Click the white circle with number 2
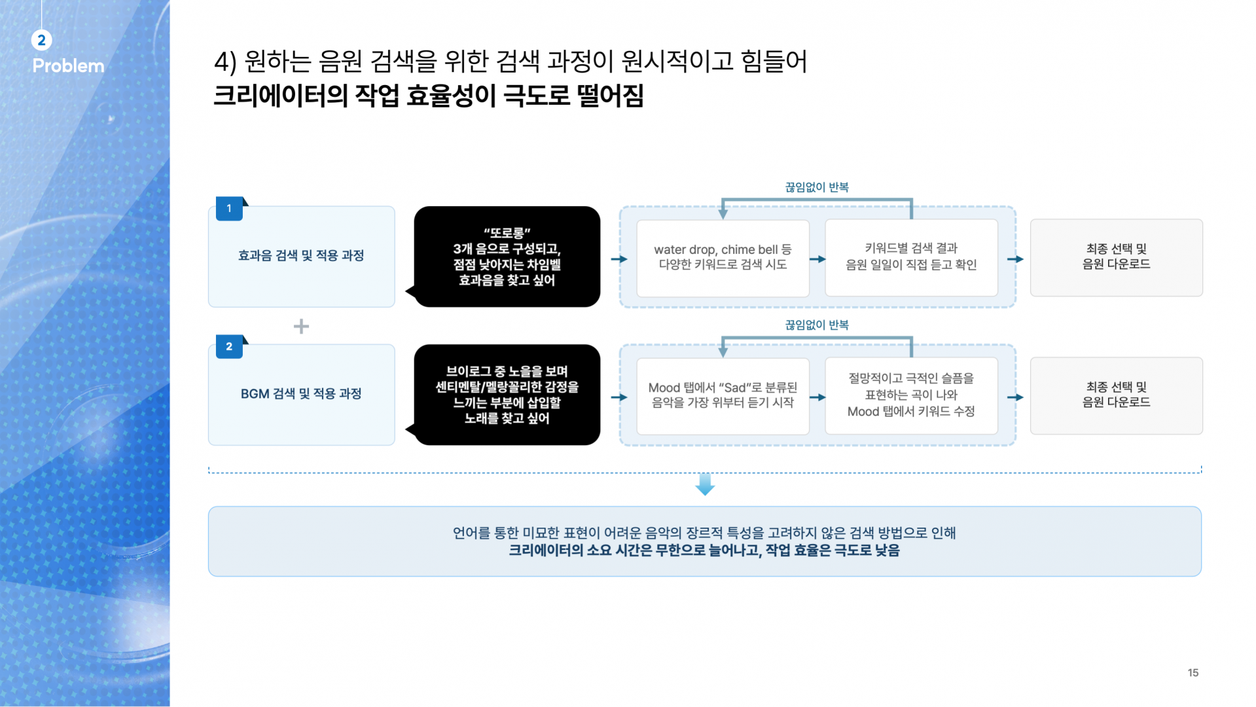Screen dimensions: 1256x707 tap(41, 40)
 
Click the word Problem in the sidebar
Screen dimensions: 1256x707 tap(68, 65)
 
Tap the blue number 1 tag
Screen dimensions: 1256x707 tap(230, 208)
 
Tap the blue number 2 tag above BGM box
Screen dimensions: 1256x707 tap(230, 346)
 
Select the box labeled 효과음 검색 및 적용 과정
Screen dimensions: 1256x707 tap(301, 257)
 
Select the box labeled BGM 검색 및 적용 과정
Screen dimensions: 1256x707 tap(301, 395)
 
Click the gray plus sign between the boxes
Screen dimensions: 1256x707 tap(301, 326)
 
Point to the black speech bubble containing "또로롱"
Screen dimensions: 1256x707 tap(507, 257)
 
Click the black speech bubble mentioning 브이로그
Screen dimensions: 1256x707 tap(507, 395)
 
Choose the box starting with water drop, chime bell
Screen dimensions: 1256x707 tap(723, 258)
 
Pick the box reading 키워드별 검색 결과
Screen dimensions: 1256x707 tap(911, 258)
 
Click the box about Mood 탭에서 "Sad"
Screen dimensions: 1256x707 tap(723, 396)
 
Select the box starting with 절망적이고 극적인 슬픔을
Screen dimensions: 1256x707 tap(911, 396)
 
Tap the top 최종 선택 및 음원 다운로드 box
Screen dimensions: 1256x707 tap(1116, 258)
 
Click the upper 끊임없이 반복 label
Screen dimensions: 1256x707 tap(817, 187)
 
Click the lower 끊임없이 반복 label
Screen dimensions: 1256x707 tap(817, 325)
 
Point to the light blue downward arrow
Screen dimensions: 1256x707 tap(705, 484)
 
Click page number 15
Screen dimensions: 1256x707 tap(1193, 673)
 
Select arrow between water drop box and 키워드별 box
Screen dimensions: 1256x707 tap(817, 259)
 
